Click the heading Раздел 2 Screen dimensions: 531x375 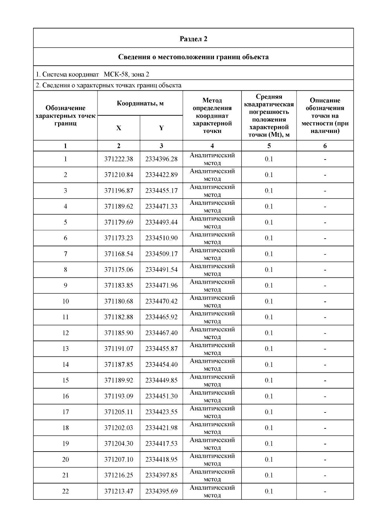193,39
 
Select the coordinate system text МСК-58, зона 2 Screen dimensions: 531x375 126,74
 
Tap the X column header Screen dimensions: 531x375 119,128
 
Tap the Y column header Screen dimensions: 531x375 161,128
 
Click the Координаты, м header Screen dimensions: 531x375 140,104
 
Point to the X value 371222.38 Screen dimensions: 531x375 119,159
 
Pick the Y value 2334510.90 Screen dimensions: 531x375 161,238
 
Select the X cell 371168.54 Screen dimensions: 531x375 119,254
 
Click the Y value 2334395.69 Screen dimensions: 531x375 161,491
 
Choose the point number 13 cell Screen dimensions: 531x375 65,349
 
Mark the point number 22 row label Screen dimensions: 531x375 65,491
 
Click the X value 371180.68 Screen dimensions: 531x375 119,301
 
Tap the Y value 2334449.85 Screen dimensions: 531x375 161,381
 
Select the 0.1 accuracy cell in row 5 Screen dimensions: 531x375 269,222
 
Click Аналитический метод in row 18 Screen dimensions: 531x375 212,428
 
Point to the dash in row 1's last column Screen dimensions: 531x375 325,159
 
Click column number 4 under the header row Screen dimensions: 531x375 212,146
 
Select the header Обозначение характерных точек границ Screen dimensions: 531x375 65,116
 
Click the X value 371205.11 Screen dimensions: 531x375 119,412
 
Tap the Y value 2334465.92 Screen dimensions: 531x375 161,317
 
